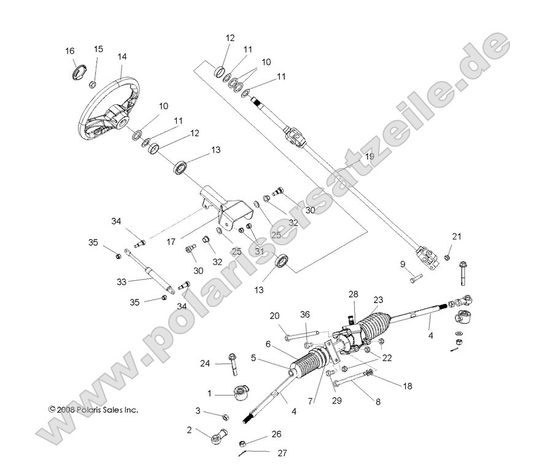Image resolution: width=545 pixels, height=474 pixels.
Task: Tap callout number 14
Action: [122, 56]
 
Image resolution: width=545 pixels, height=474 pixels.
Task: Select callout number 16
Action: [69, 50]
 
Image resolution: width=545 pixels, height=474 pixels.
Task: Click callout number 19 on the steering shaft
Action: [369, 157]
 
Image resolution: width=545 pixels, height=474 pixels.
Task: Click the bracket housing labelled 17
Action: [224, 212]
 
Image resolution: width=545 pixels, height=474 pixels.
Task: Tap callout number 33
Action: [121, 282]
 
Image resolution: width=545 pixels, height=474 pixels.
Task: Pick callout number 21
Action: [455, 237]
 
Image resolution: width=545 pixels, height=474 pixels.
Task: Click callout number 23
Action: [377, 300]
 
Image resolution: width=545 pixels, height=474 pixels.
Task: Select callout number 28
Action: [352, 295]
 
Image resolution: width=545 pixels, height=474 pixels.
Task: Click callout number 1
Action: [209, 393]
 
